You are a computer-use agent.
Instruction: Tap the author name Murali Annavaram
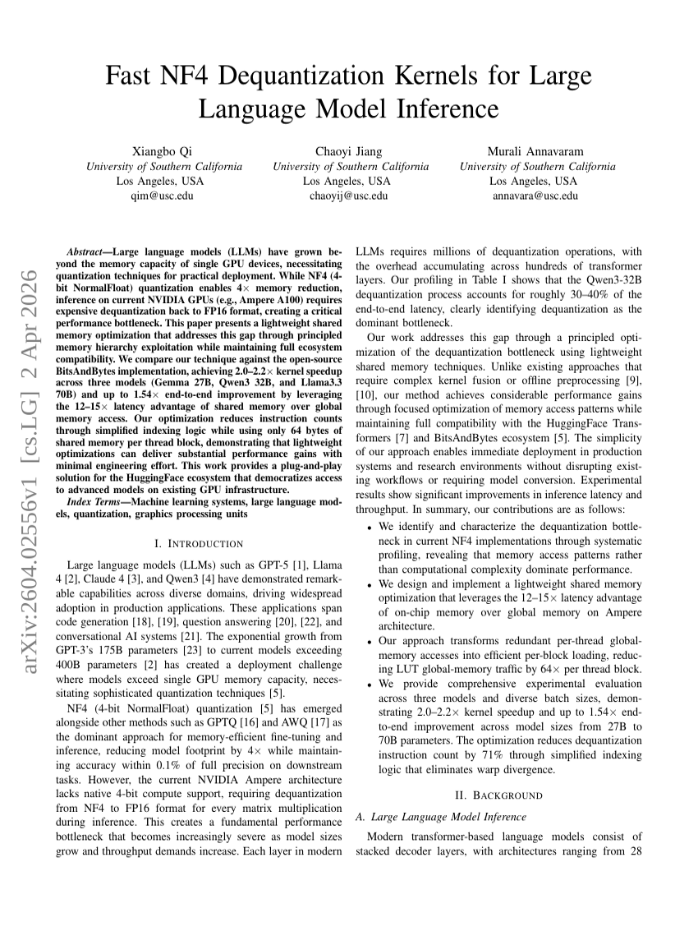click(x=536, y=150)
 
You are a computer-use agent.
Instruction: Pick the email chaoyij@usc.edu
click(x=350, y=196)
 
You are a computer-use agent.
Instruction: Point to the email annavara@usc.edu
click(x=535, y=196)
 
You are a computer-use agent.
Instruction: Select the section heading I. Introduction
click(x=198, y=543)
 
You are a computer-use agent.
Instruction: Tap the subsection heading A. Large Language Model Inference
click(x=440, y=817)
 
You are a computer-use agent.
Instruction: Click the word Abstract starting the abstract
click(x=88, y=249)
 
